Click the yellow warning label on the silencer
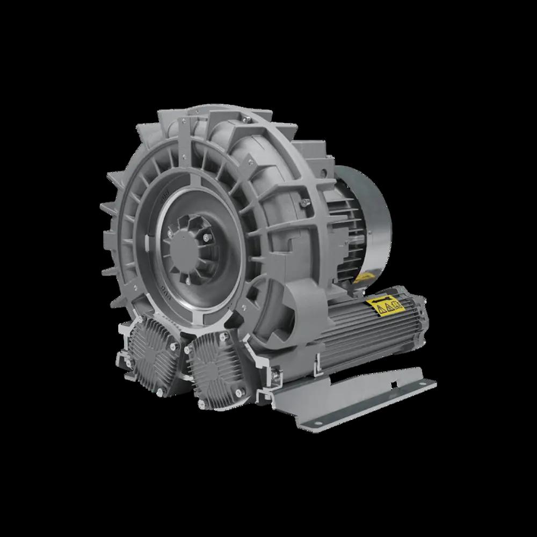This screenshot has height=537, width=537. pyautogui.click(x=386, y=307)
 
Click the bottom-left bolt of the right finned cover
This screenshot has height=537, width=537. pyautogui.click(x=201, y=403)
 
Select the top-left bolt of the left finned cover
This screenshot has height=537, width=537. pyautogui.click(x=132, y=329)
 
